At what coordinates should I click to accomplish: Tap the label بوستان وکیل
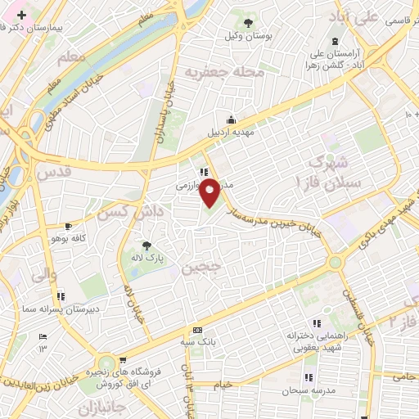point(249,37)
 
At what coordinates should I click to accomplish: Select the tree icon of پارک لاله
point(147,245)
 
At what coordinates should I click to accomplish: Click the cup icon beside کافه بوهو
point(69,226)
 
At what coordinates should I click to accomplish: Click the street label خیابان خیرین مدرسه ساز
point(277,217)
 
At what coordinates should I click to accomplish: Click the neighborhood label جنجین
point(201,268)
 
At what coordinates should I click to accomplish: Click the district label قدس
point(55,173)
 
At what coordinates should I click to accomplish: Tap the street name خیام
point(222,385)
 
